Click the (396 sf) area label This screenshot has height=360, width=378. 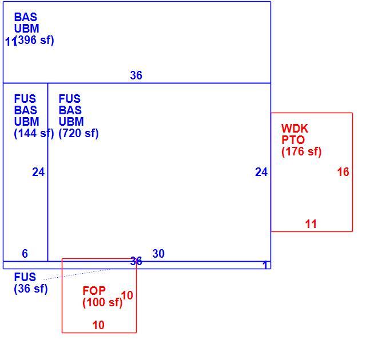(x=34, y=40)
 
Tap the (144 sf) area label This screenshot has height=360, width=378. (x=34, y=133)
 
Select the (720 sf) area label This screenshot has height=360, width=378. (x=78, y=133)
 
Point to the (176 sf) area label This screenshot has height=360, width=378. (x=301, y=151)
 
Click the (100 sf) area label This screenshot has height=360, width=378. (x=102, y=302)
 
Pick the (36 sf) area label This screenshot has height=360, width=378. (x=31, y=289)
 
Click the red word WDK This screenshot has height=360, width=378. (x=295, y=129)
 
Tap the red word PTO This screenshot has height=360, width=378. (x=293, y=140)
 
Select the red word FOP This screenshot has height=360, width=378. (x=94, y=291)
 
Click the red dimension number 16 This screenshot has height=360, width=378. (x=343, y=172)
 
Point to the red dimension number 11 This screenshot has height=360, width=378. (x=311, y=224)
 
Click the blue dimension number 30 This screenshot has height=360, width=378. (x=158, y=254)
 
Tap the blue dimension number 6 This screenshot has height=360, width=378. (x=25, y=254)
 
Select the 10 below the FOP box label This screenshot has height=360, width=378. (x=98, y=325)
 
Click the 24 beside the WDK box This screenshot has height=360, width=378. (x=261, y=172)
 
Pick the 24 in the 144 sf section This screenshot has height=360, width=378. (x=38, y=172)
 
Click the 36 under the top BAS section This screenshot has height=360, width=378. (x=136, y=75)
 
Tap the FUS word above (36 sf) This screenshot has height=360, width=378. (x=25, y=277)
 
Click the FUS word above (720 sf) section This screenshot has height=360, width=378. (x=69, y=99)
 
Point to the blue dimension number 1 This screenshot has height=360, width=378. (x=265, y=265)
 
